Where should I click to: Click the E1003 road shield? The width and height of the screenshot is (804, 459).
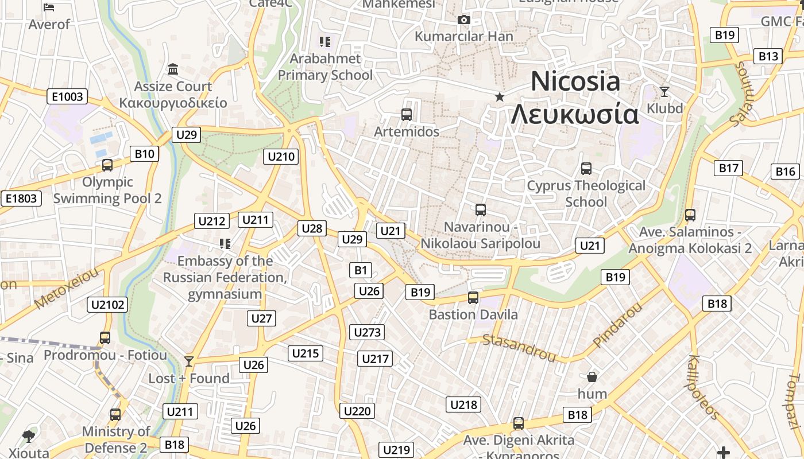[67, 96]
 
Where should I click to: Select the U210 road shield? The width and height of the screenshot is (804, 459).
[281, 156]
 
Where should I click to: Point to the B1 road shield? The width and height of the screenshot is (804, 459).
[361, 270]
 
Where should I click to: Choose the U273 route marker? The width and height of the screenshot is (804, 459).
[368, 332]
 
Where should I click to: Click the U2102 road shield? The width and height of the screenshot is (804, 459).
[107, 304]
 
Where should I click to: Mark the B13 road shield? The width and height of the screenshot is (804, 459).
[768, 56]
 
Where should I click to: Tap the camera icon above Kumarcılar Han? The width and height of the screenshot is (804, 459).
[464, 20]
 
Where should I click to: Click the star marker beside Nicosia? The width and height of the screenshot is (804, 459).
[500, 97]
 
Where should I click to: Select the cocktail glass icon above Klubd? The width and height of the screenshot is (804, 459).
[664, 91]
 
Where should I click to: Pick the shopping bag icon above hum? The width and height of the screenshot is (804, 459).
[592, 377]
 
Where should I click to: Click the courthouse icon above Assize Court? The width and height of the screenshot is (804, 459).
[173, 69]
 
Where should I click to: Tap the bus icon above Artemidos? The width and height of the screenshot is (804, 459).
[407, 115]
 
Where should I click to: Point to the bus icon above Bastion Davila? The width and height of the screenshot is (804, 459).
[473, 298]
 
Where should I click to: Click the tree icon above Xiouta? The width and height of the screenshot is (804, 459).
[28, 437]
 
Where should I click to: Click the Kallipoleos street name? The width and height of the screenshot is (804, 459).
[703, 387]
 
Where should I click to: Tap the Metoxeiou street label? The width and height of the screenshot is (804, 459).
[67, 287]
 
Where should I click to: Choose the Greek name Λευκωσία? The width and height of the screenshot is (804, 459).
[575, 114]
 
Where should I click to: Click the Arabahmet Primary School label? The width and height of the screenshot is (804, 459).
[326, 67]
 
